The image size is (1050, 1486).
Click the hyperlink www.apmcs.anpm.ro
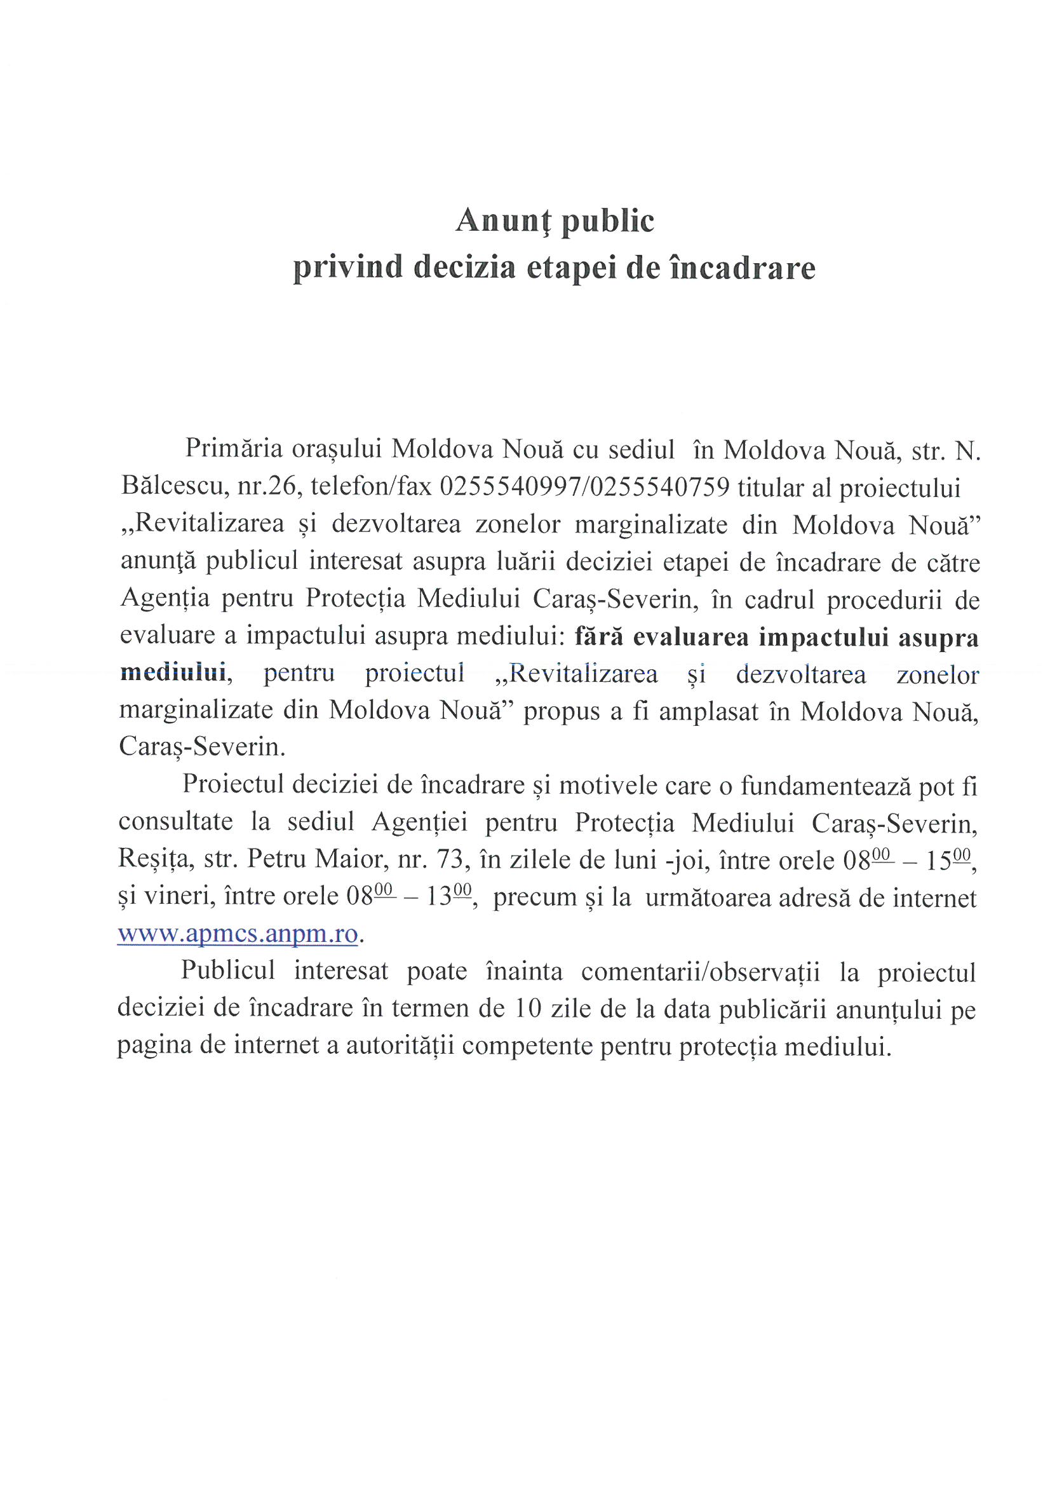coord(238,934)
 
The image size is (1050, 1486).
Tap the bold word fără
coord(598,637)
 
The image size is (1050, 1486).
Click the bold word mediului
coord(173,673)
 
